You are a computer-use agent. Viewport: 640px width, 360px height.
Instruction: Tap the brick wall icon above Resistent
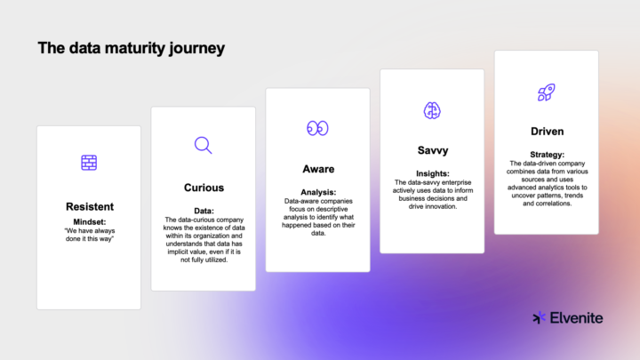[x=89, y=163]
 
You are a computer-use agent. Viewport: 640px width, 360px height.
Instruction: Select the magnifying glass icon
[x=203, y=145]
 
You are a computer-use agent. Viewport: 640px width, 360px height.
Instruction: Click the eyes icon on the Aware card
[x=317, y=128]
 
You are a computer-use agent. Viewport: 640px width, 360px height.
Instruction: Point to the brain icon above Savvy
[x=431, y=110]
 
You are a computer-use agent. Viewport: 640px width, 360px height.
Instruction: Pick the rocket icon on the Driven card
[x=546, y=92]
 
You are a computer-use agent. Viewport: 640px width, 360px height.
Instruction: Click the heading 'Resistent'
[x=89, y=206]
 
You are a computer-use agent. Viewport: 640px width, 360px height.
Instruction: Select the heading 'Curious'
[x=204, y=188]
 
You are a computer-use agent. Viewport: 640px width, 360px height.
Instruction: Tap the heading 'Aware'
[x=317, y=168]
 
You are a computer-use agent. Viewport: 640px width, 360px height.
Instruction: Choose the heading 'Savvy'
[x=432, y=150]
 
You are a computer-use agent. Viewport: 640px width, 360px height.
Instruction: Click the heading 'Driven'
[x=547, y=132]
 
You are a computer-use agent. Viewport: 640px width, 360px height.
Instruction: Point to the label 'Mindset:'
[x=89, y=221]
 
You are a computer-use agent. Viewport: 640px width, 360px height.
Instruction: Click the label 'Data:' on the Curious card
[x=204, y=211]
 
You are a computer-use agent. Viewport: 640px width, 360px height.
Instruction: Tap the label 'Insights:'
[x=432, y=174]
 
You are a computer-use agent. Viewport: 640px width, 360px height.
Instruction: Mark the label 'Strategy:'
[x=547, y=154]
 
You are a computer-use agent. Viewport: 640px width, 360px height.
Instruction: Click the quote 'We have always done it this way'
[x=89, y=236]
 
